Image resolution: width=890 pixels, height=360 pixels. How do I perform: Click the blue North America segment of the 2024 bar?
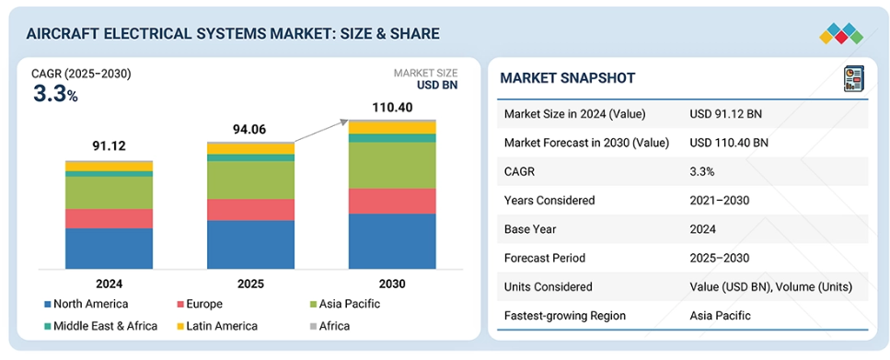tap(109, 249)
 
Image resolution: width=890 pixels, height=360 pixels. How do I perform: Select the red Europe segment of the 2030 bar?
tap(392, 201)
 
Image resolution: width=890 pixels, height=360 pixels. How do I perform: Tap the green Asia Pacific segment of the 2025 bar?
tap(251, 180)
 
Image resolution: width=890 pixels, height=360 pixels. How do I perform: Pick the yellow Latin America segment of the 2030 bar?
tap(392, 128)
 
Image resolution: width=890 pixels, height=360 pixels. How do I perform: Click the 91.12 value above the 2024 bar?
tap(109, 146)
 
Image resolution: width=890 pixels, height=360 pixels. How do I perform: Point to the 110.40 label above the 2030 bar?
tap(392, 108)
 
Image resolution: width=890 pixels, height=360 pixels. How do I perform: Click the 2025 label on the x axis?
tap(251, 284)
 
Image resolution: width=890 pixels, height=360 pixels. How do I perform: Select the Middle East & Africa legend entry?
tap(100, 326)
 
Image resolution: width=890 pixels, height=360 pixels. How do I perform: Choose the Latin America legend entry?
tap(217, 326)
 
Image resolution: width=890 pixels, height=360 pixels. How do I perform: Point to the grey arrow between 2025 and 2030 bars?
tap(320, 131)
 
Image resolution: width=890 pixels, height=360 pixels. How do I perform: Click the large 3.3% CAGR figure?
tap(55, 94)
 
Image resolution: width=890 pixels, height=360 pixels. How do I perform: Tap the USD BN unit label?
tap(437, 86)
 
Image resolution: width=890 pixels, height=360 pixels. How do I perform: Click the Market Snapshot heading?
tap(568, 78)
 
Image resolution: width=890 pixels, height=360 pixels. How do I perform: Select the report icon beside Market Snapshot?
tap(853, 78)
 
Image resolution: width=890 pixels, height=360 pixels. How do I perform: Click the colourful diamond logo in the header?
tap(841, 34)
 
